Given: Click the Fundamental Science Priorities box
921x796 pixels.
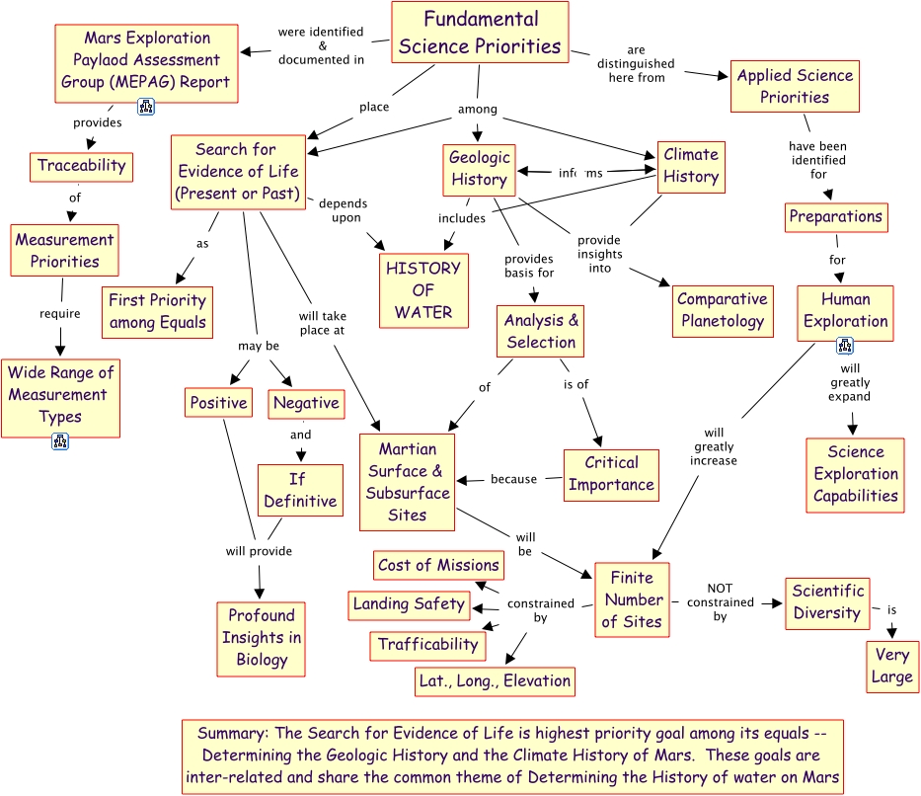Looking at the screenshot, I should [480, 33].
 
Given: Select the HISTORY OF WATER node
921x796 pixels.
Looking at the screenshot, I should [422, 290].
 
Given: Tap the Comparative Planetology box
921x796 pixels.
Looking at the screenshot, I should [722, 310].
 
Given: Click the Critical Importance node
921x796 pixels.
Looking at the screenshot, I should [611, 474].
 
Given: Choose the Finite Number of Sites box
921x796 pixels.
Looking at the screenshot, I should [631, 599].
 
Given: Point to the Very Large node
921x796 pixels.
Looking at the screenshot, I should [891, 667].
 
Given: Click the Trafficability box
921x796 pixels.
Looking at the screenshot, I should [427, 645].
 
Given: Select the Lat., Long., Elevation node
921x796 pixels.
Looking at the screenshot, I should [495, 680].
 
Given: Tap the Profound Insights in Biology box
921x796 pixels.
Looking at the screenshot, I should [262, 638].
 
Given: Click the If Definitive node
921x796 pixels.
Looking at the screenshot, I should [300, 490].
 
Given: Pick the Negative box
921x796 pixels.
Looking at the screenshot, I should [306, 403].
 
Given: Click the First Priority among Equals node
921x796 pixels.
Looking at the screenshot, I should [157, 311].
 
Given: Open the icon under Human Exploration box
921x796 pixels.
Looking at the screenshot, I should [845, 346].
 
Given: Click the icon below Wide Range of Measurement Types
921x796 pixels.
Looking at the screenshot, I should [59, 441].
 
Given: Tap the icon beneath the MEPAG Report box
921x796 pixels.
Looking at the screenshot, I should [145, 107].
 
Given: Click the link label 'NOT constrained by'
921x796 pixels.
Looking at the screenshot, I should [720, 602].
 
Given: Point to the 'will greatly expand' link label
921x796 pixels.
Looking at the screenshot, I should [849, 382].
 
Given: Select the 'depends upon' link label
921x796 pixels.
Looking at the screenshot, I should [341, 210].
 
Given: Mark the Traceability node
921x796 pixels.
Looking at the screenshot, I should [81, 166].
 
